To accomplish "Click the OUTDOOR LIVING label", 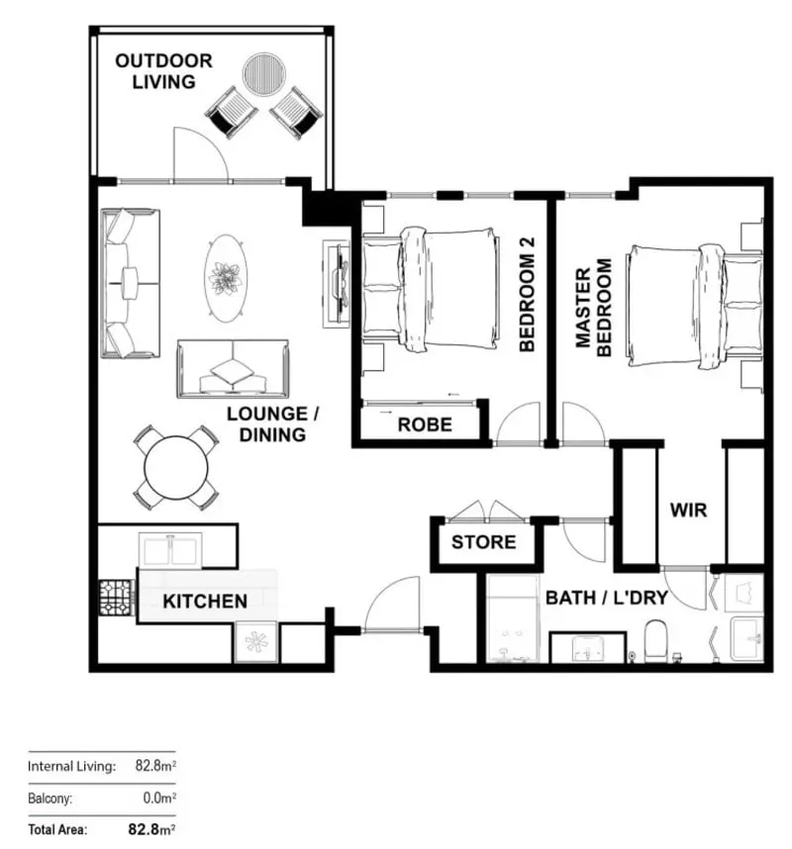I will click(163, 70).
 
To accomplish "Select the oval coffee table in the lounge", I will click(226, 277).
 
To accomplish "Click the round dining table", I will click(177, 467).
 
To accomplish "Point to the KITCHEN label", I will click(205, 601).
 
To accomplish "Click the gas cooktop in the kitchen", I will click(116, 596).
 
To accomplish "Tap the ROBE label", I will click(425, 425).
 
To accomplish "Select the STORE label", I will click(483, 542).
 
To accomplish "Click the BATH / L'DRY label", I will click(605, 598).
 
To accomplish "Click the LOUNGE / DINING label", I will click(264, 423).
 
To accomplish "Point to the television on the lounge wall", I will click(337, 282).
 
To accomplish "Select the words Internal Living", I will click(71, 766).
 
